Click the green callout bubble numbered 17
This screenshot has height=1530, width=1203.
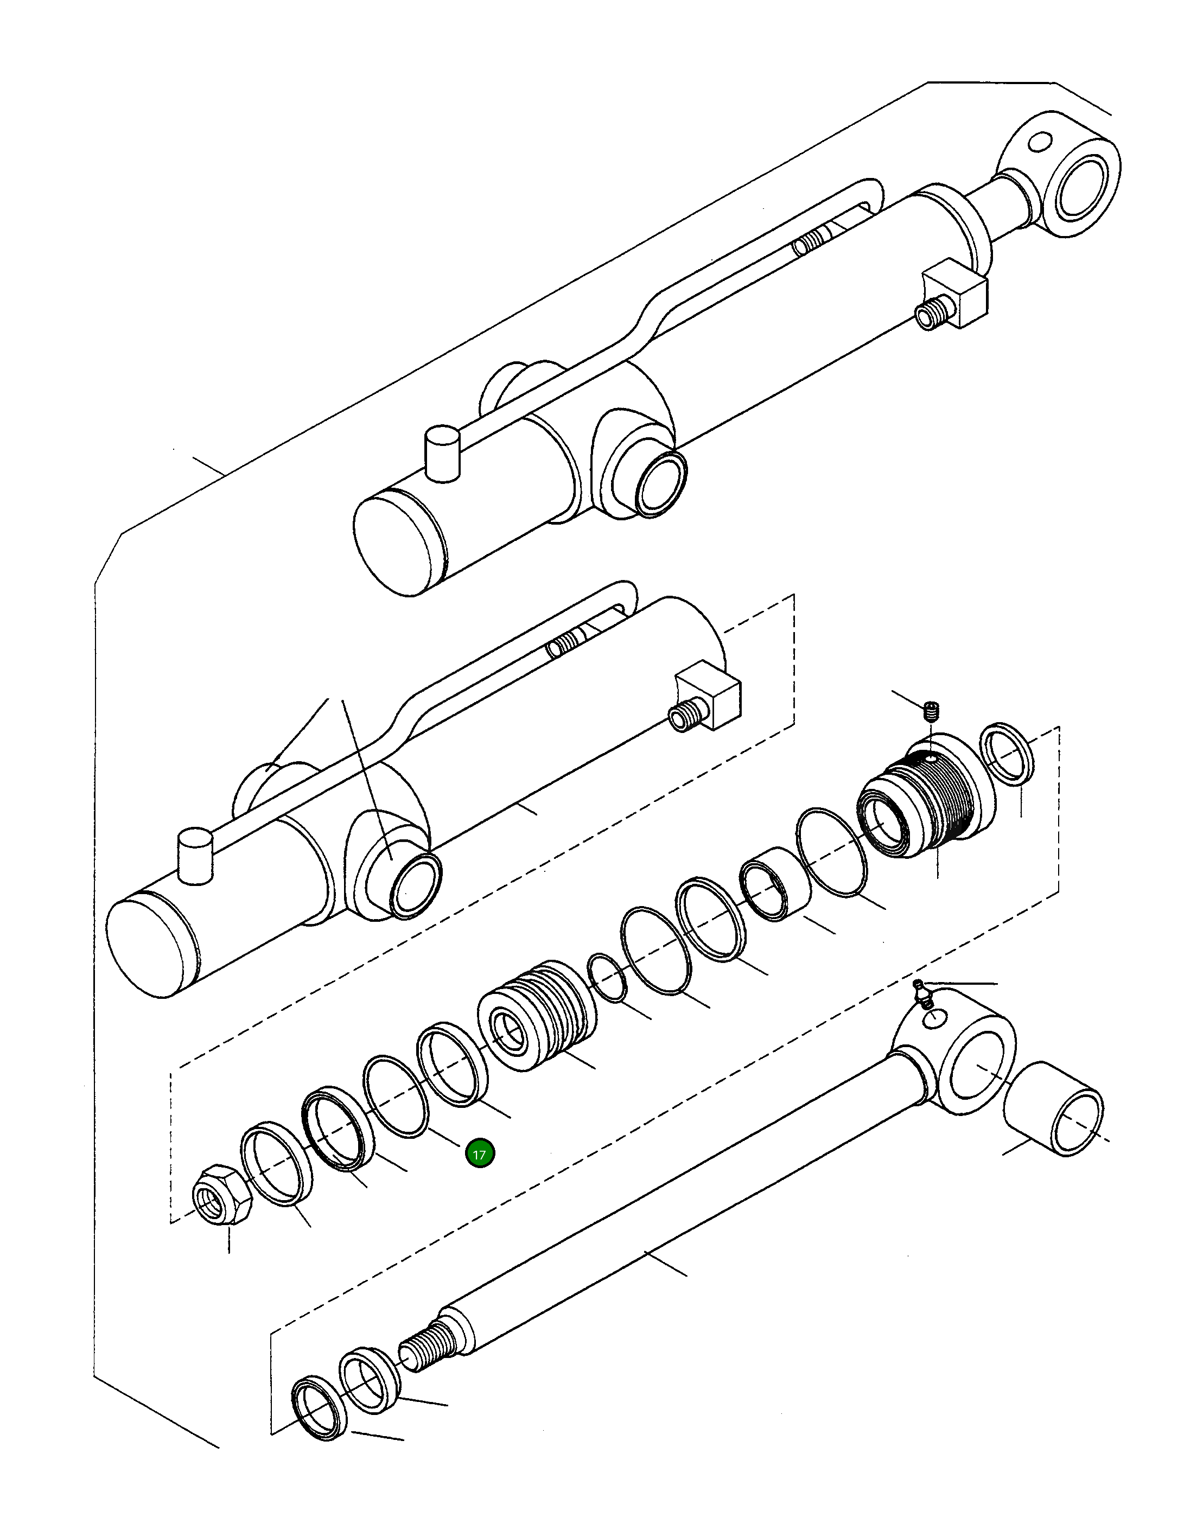480,1155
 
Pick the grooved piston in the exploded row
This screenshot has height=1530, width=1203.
537,1017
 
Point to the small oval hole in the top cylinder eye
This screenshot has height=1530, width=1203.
1039,142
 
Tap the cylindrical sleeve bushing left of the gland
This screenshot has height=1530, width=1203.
775,885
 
